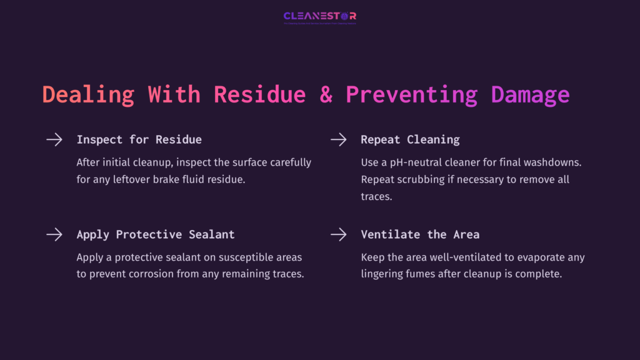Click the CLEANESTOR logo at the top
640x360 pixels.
pyautogui.click(x=319, y=16)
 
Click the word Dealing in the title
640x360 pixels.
pyautogui.click(x=88, y=94)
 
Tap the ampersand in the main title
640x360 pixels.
pyautogui.click(x=326, y=94)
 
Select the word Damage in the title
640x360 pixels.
pyautogui.click(x=531, y=94)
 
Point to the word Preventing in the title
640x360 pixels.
pyautogui.click(x=411, y=94)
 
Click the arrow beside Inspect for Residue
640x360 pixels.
pyautogui.click(x=54, y=139)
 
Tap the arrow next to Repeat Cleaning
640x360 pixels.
pyautogui.click(x=338, y=139)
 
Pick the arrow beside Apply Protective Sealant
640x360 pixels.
pyautogui.click(x=54, y=234)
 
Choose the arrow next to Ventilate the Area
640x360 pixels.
pyautogui.click(x=338, y=234)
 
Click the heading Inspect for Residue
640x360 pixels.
pyautogui.click(x=139, y=139)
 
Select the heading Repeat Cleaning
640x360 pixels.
pyautogui.click(x=410, y=139)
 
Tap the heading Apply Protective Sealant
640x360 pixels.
pyautogui.click(x=156, y=235)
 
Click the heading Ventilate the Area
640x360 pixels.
pyautogui.click(x=420, y=235)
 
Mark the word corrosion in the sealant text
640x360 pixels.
pyautogui.click(x=154, y=274)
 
